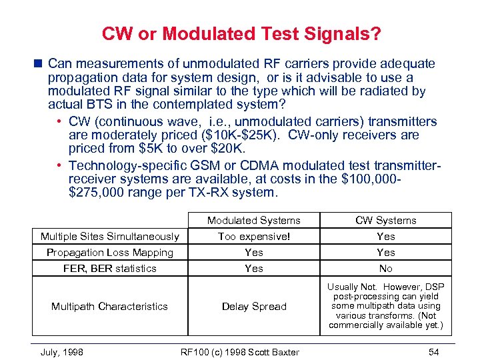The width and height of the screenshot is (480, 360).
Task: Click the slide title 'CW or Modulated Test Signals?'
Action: click(x=241, y=34)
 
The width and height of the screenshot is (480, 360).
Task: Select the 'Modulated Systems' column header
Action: click(x=253, y=221)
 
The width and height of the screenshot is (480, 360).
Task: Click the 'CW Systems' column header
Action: click(x=385, y=221)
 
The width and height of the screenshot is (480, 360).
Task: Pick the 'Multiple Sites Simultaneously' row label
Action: click(x=109, y=237)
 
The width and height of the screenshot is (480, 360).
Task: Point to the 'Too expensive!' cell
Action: click(x=253, y=237)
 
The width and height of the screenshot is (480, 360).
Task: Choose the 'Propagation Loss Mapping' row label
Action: click(x=109, y=253)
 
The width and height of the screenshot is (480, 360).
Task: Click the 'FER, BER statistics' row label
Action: click(x=109, y=269)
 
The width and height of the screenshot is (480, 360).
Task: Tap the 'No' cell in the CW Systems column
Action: click(x=385, y=269)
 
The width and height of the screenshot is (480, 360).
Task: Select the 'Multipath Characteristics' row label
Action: click(x=109, y=307)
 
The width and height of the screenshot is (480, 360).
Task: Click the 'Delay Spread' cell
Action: click(x=253, y=307)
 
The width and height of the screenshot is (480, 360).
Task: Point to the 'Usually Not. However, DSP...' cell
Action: click(x=385, y=306)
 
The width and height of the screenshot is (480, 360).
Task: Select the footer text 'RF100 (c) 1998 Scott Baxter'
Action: click(x=241, y=351)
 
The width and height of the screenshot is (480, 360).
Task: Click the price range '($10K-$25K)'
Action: click(x=233, y=135)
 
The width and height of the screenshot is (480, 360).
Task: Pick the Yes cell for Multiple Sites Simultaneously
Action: click(x=385, y=237)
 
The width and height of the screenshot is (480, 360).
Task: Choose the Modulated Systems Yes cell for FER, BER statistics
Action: click(x=253, y=269)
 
